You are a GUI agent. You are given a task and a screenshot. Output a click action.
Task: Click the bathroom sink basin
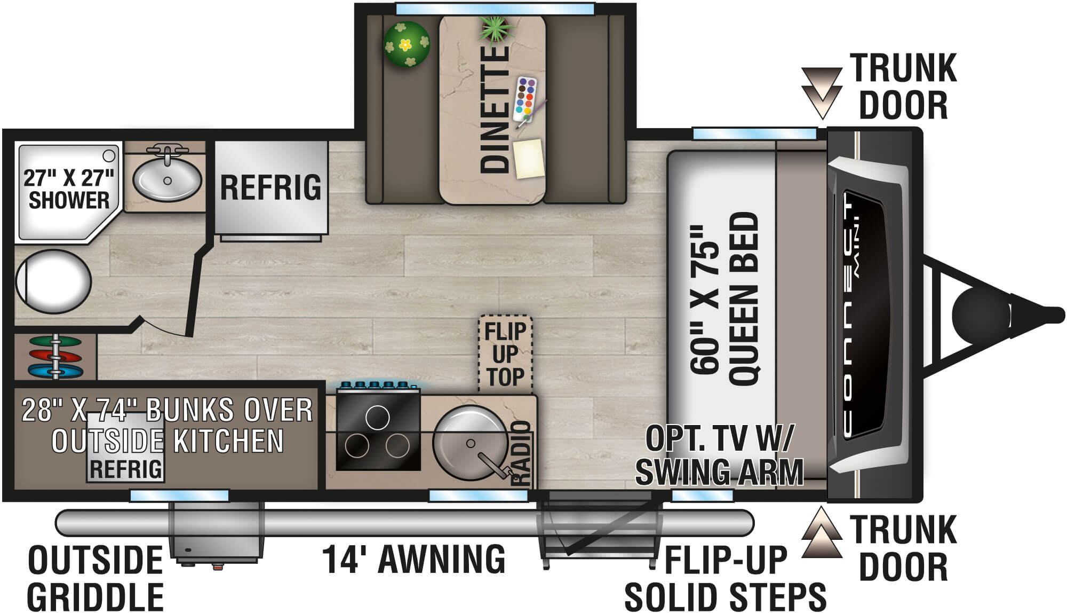(167, 179)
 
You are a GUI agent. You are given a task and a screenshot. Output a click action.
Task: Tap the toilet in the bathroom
(53, 281)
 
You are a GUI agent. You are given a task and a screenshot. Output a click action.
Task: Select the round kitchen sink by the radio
(469, 443)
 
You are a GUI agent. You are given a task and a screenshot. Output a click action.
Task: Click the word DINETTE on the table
(495, 109)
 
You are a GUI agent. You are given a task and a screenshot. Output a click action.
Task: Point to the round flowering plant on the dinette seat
(407, 44)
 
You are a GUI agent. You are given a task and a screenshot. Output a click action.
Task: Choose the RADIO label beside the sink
(521, 453)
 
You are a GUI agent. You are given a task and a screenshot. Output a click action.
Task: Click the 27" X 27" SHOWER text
(68, 189)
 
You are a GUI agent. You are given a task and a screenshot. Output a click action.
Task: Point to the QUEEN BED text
(743, 299)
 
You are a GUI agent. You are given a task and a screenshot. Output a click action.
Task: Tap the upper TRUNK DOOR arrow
(822, 91)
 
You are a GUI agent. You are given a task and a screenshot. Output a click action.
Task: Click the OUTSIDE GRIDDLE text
(95, 578)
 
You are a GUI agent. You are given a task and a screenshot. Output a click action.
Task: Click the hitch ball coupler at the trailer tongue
(980, 315)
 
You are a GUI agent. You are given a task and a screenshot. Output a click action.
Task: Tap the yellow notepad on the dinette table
(529, 158)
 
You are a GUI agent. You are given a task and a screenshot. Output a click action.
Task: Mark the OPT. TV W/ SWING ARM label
(719, 455)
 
